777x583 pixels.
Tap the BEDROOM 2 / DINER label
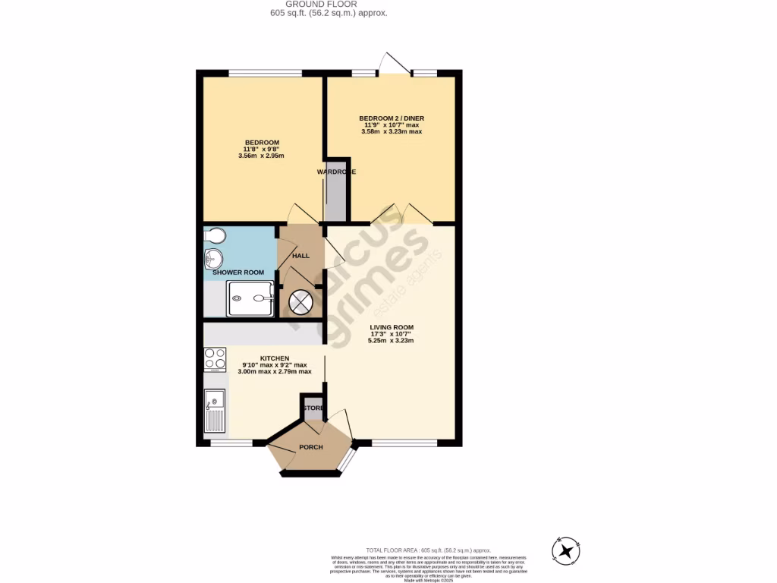tap(391, 118)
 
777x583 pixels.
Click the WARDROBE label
tap(336, 172)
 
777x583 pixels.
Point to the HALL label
tap(300, 256)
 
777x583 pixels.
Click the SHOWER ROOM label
tap(238, 273)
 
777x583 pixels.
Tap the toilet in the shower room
tap(215, 235)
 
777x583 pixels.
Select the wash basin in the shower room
tap(212, 259)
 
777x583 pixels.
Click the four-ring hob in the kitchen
tap(215, 358)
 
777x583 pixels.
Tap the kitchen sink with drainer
tap(215, 410)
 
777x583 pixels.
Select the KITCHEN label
tap(275, 358)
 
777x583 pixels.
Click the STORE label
tap(313, 408)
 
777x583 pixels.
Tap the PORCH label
tap(310, 447)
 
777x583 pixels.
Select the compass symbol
tap(568, 550)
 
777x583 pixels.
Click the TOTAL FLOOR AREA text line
tap(428, 550)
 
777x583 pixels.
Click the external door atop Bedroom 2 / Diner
tap(395, 63)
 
